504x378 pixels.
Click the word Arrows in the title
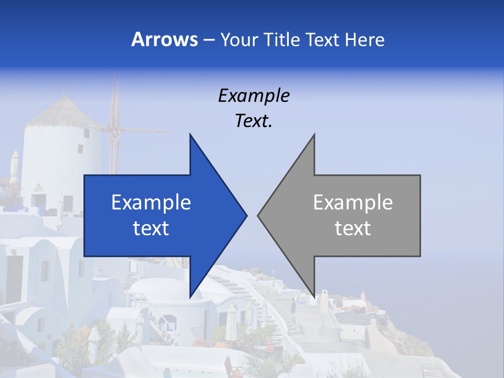pos(164,39)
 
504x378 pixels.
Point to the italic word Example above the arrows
pos(254,96)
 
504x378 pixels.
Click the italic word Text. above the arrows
pos(254,121)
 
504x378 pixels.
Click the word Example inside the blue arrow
pos(151,203)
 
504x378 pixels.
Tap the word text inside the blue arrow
pos(151,228)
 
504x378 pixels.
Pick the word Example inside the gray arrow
pos(353,203)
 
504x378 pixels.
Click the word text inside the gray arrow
pos(353,228)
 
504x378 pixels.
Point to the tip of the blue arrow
pos(245,215)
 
